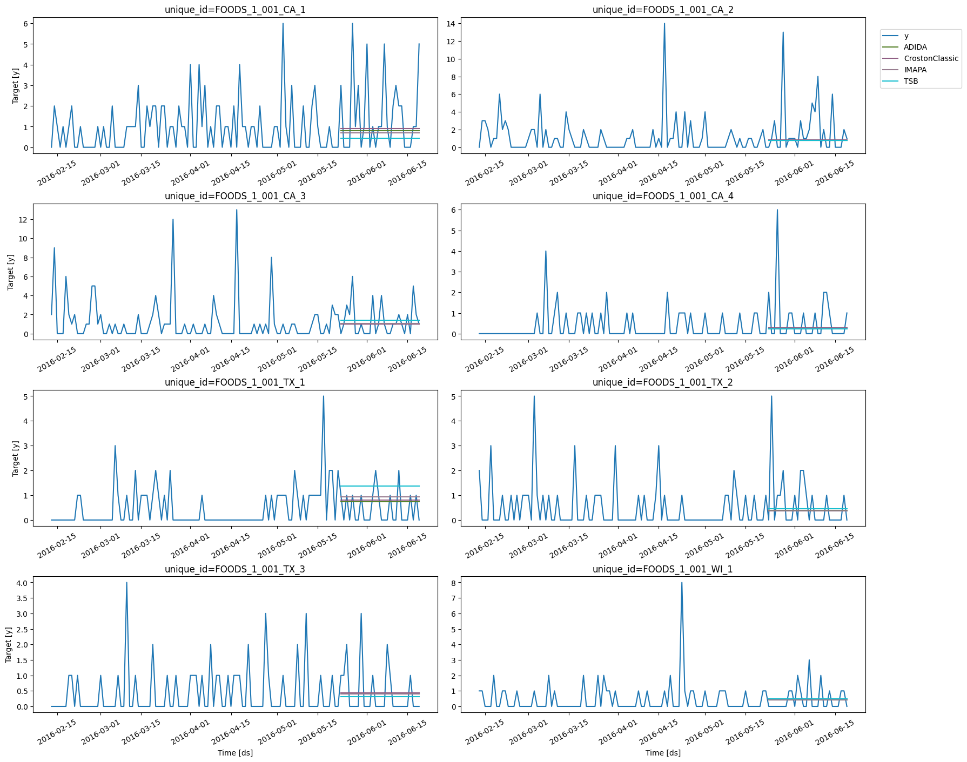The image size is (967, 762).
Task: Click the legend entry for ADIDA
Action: [915, 47]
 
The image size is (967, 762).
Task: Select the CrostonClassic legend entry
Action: [931, 58]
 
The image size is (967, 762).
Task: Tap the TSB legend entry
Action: [911, 81]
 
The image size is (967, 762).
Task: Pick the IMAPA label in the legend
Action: [915, 70]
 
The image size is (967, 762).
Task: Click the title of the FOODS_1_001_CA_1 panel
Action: [235, 10]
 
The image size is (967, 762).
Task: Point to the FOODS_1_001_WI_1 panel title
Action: [663, 569]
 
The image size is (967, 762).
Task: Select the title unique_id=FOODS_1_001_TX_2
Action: [663, 382]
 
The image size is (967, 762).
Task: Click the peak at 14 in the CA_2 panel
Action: [664, 23]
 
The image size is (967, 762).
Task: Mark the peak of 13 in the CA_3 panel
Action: [237, 210]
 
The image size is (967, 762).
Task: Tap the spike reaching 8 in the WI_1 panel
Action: [682, 583]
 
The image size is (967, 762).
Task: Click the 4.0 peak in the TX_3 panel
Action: [126, 583]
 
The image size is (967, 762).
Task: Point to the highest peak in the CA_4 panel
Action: [777, 210]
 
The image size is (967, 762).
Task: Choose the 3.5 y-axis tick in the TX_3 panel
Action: [23, 598]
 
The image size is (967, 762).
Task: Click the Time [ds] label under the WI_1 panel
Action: [663, 753]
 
